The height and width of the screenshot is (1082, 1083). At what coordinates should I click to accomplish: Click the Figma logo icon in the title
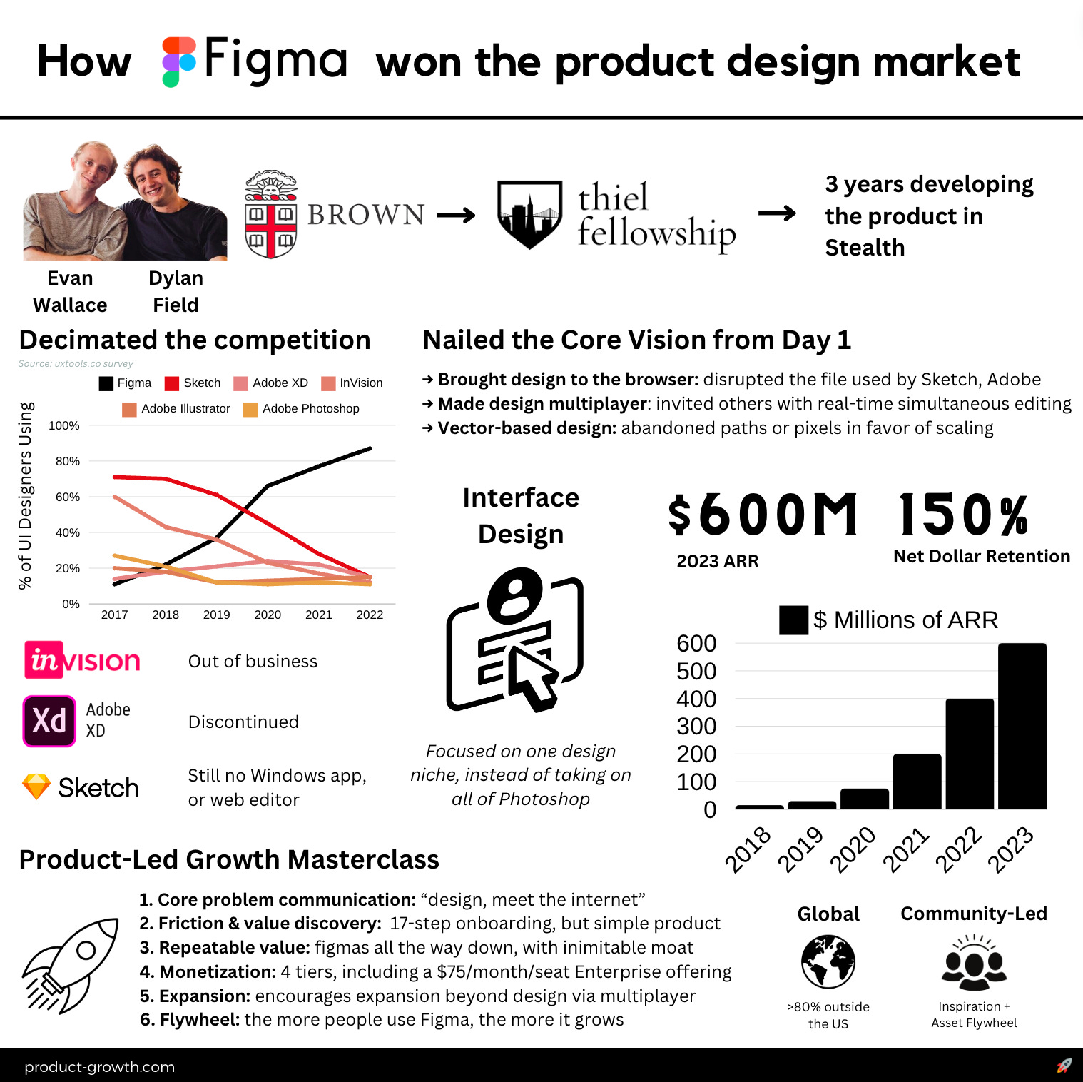pyautogui.click(x=178, y=61)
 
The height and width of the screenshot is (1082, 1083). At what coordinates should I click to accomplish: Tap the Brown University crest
pyautogui.click(x=270, y=214)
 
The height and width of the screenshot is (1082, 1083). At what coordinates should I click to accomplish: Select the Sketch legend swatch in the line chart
pyautogui.click(x=171, y=383)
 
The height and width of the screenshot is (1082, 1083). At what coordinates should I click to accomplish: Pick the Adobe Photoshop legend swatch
pyautogui.click(x=250, y=409)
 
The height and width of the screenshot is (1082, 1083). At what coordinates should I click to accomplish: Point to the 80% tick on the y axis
pyautogui.click(x=68, y=461)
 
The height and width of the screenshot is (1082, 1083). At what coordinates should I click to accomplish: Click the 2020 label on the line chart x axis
pyautogui.click(x=268, y=615)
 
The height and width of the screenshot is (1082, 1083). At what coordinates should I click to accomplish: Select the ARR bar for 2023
pyautogui.click(x=1022, y=726)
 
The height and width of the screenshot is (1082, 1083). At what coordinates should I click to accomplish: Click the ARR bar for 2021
pyautogui.click(x=917, y=782)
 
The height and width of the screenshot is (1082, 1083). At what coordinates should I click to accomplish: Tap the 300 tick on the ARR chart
pyautogui.click(x=696, y=727)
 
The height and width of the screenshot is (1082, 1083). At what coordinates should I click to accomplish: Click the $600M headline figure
pyautogui.click(x=763, y=515)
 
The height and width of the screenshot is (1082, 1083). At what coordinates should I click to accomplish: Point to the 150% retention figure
pyautogui.click(x=963, y=515)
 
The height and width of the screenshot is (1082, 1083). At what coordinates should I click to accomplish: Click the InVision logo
pyautogui.click(x=83, y=660)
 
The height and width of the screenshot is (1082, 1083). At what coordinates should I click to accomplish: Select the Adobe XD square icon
pyautogui.click(x=49, y=721)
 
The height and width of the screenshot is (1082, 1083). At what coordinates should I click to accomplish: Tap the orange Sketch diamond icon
pyautogui.click(x=36, y=787)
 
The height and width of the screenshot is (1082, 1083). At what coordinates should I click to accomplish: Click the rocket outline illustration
pyautogui.click(x=71, y=964)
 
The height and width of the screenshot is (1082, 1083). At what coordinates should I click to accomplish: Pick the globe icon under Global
pyautogui.click(x=828, y=961)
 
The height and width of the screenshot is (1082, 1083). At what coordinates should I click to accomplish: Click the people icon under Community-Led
pyautogui.click(x=974, y=963)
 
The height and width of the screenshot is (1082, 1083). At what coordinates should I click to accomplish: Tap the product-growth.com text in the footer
pyautogui.click(x=99, y=1067)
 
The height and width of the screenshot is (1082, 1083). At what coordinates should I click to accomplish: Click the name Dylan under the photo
pyautogui.click(x=176, y=278)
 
